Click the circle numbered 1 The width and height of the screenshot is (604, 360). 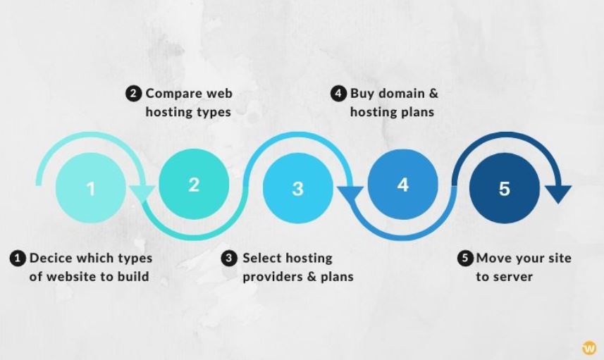coord(91,188)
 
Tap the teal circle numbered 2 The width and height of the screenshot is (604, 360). coord(194,185)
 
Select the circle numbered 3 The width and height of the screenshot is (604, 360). coord(297,188)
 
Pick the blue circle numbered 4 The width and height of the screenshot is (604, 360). coord(402,185)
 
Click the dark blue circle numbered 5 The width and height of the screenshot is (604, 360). coord(504,188)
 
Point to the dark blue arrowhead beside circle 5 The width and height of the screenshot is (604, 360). coord(557,194)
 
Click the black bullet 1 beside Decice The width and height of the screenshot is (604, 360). coord(18,259)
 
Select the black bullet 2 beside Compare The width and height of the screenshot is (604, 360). coord(133,94)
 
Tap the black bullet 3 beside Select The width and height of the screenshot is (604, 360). coord(229,259)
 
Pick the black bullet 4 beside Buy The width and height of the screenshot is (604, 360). coord(338,94)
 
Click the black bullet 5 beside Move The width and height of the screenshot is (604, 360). coord(465,258)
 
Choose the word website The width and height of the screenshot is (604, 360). coord(73,276)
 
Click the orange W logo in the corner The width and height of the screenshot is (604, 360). coord(589,349)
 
